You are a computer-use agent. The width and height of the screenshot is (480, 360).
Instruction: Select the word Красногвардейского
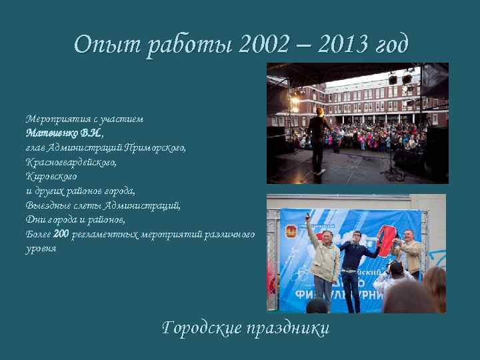[71, 162]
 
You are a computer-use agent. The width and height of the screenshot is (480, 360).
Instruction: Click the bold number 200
[61, 234]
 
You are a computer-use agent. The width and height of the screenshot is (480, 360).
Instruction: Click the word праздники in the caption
[288, 328]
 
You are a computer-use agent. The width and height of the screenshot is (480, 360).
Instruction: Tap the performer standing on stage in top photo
[319, 137]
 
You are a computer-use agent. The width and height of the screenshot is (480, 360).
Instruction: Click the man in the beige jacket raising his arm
[324, 257]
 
